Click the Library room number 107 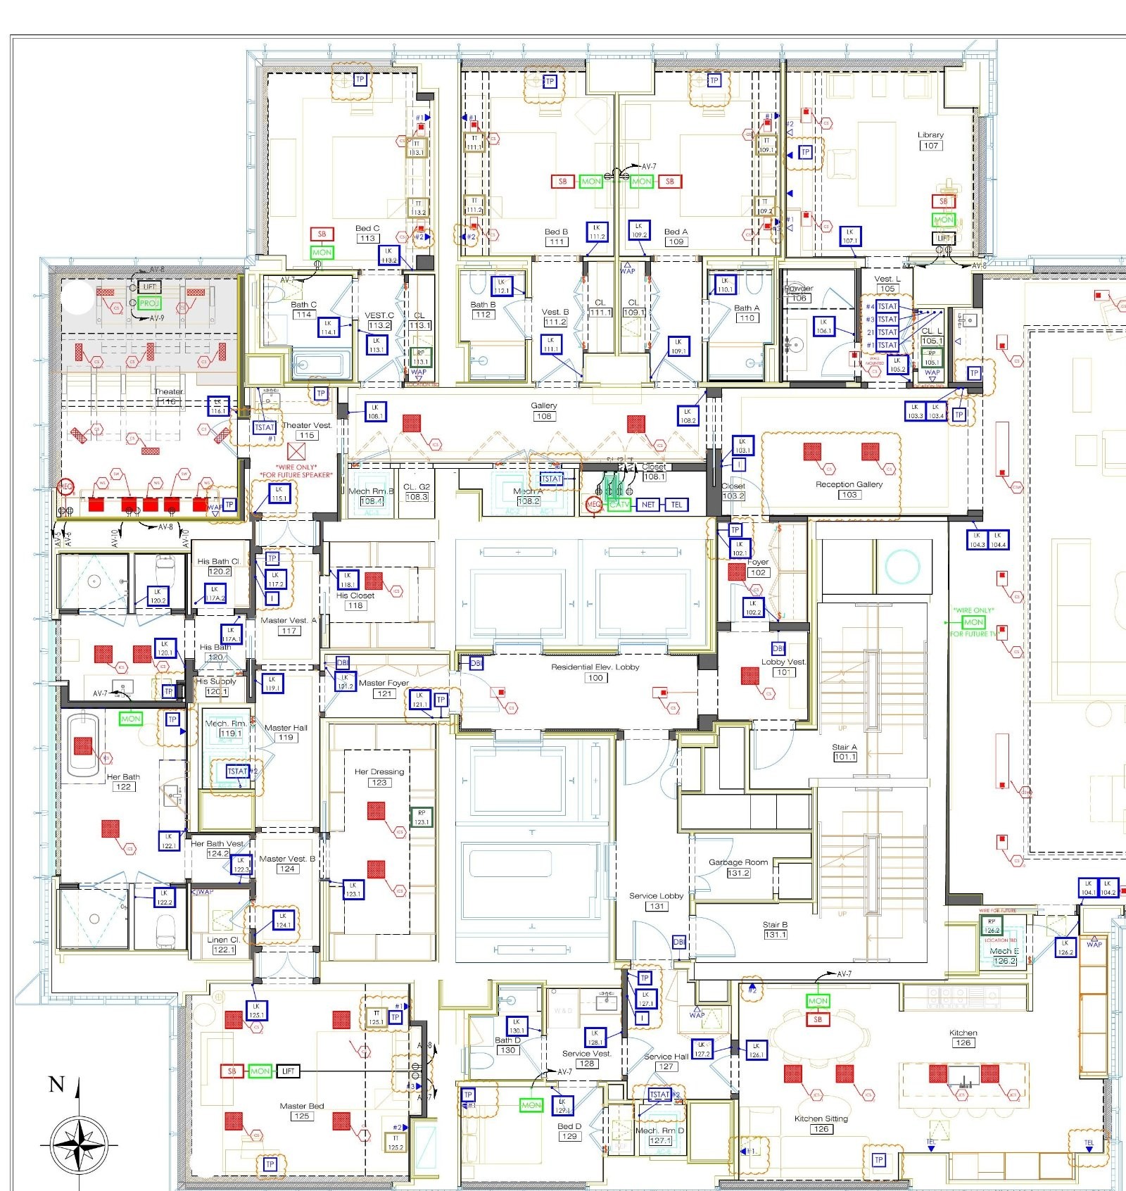pos(930,146)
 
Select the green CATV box pos(619,505)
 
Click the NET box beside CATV pos(648,505)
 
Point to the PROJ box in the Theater pos(149,303)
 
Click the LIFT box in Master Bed pos(288,1071)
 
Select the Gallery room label pos(543,405)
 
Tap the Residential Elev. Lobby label pos(595,667)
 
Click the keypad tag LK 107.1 pos(849,236)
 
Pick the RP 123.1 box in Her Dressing pos(421,817)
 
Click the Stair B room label pos(775,925)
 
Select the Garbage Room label pos(738,862)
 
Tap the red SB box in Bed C pos(322,234)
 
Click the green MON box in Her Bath pos(131,719)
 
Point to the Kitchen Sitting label pos(821,1118)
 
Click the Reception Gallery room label pos(849,484)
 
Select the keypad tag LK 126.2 pos(1065,947)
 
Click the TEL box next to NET pos(676,505)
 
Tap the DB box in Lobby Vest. pos(778,648)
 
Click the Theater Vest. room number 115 pos(305,436)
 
